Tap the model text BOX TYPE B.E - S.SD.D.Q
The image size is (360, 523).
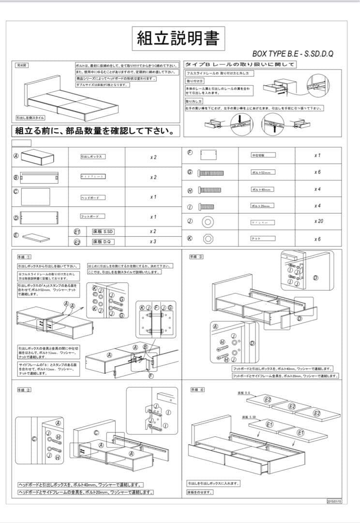pos(293,54)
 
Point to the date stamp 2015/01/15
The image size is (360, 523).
pos(334,502)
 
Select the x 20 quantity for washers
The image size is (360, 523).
pos(318,221)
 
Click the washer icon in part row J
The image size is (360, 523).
pos(208,222)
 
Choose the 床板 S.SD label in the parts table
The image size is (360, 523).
pos(103,231)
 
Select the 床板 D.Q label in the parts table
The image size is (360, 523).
pos(102,241)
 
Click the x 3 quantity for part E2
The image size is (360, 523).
pos(153,241)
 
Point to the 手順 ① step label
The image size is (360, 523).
pos(25,257)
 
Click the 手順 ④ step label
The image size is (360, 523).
pos(198,389)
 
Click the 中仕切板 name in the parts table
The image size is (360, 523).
pos(257,155)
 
